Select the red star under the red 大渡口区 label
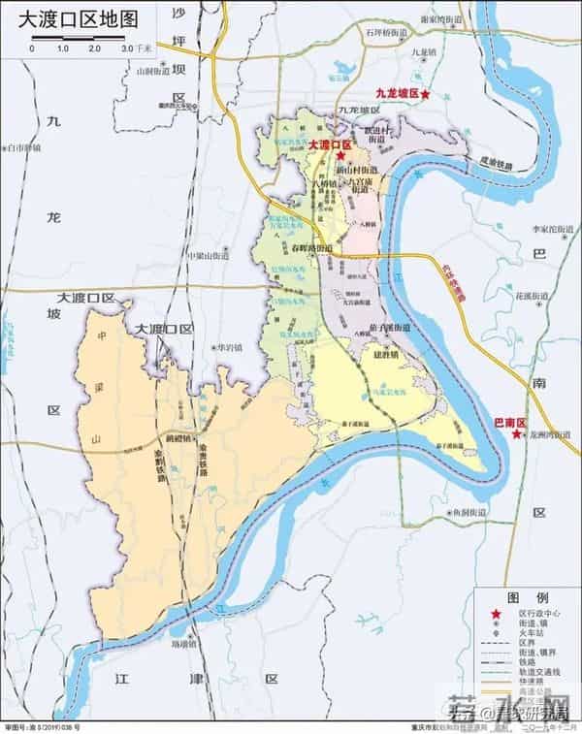340,155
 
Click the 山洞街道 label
152,71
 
